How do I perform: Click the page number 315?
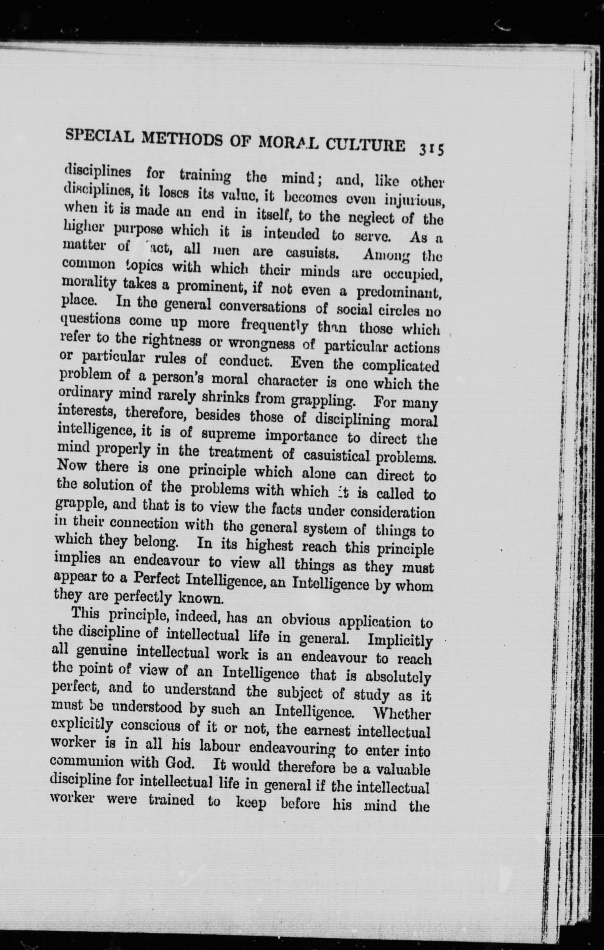coord(432,150)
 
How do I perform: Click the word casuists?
coord(313,253)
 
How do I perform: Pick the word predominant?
coord(398,292)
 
